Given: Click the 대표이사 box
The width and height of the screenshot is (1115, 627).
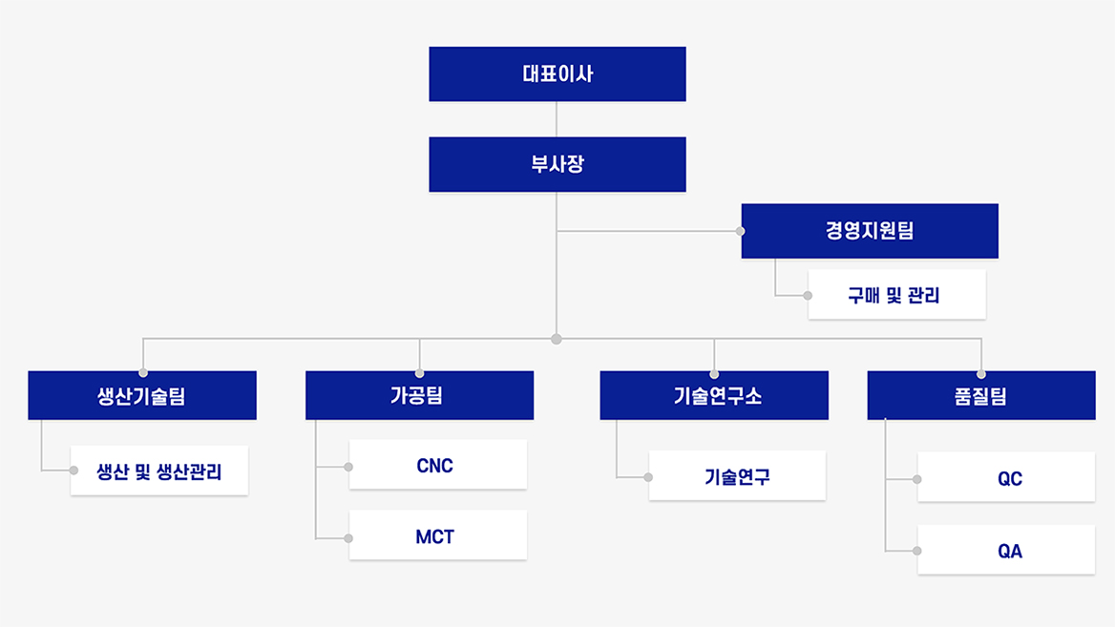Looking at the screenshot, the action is (557, 73).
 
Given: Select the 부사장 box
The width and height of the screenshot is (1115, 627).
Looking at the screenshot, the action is (557, 164).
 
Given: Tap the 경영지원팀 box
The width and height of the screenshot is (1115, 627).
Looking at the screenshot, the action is (870, 231).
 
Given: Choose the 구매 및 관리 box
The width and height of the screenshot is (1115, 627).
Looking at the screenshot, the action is (896, 294).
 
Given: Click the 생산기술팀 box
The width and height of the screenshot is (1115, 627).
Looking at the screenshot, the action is (142, 395).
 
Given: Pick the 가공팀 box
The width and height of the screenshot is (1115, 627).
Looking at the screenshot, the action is (419, 395).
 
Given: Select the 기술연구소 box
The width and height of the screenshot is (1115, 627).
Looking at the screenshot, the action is (714, 395).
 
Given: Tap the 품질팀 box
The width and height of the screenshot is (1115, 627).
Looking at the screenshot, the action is (981, 395).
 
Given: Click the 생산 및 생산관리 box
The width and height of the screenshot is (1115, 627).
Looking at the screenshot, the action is (159, 470).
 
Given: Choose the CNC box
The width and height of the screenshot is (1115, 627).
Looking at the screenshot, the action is (438, 464).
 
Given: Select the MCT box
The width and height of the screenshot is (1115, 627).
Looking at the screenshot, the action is (438, 534).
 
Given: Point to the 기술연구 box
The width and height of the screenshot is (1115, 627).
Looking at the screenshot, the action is (737, 475).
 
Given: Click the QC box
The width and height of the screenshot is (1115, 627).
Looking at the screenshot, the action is (1006, 477).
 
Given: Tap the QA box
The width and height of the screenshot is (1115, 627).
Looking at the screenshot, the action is (1006, 550).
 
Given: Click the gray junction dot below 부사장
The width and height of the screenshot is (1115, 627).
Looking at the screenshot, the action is (557, 339).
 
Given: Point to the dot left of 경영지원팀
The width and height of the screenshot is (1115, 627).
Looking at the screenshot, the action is (740, 231).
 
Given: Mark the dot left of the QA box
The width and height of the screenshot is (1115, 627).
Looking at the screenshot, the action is (917, 551).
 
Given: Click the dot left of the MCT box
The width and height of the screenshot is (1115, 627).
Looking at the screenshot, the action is (348, 539).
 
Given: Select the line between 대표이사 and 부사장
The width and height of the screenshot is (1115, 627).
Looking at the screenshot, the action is (557, 119).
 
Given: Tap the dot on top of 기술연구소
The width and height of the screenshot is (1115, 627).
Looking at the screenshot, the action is (714, 374).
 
